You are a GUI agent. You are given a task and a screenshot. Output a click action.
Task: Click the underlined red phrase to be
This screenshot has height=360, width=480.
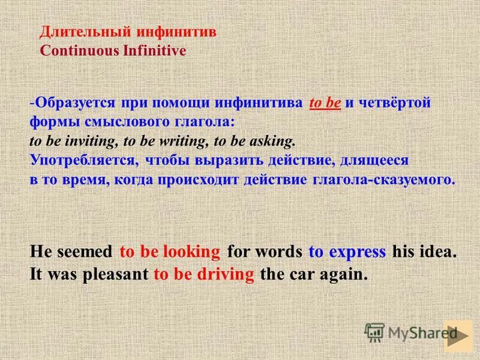pos(325,103)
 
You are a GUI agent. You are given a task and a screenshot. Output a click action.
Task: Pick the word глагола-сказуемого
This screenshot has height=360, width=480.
pos(383,179)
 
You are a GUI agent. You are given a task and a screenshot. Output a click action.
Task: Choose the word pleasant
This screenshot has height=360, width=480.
pos(119,274)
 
